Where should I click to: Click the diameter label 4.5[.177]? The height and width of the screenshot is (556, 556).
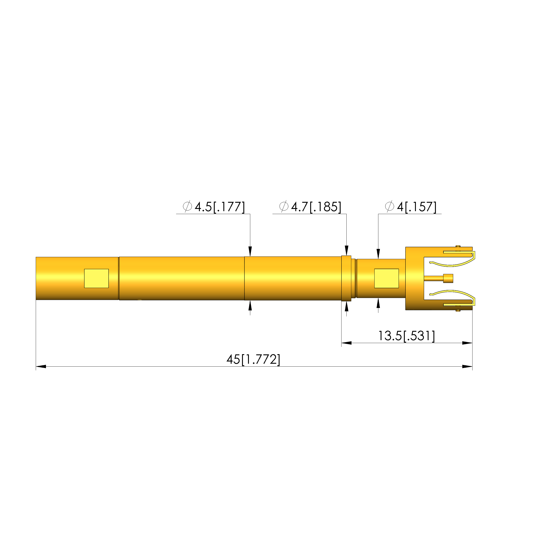(x=220, y=207)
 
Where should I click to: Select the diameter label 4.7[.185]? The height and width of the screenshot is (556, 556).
(x=316, y=207)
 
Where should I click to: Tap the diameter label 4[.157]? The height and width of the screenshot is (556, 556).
(x=417, y=207)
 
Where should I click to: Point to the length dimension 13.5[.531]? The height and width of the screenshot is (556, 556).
(x=406, y=336)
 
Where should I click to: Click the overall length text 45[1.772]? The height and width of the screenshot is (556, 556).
(x=253, y=359)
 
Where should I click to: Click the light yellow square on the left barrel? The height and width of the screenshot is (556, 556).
(x=96, y=278)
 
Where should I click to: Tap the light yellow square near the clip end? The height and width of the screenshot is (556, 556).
(x=387, y=278)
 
